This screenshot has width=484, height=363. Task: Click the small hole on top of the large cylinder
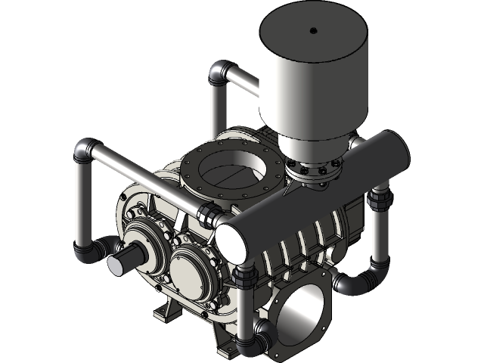click(x=312, y=31)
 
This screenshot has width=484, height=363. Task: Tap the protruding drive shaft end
click(x=122, y=264)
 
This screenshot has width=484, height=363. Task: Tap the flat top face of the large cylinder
click(x=312, y=38)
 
